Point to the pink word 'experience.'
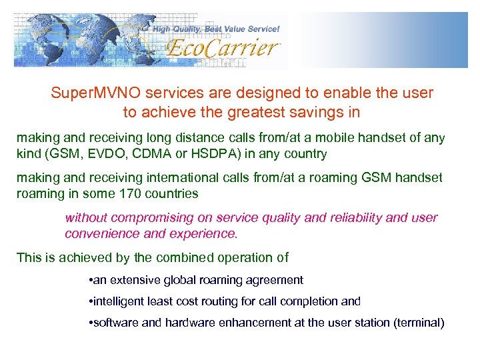pyautogui.click(x=206, y=234)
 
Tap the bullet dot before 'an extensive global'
pyautogui.click(x=90, y=280)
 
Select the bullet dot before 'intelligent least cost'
pyautogui.click(x=90, y=301)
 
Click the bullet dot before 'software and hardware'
pyautogui.click(x=90, y=323)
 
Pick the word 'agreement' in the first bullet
pyautogui.click(x=276, y=280)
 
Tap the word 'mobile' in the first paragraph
pyautogui.click(x=346, y=138)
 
